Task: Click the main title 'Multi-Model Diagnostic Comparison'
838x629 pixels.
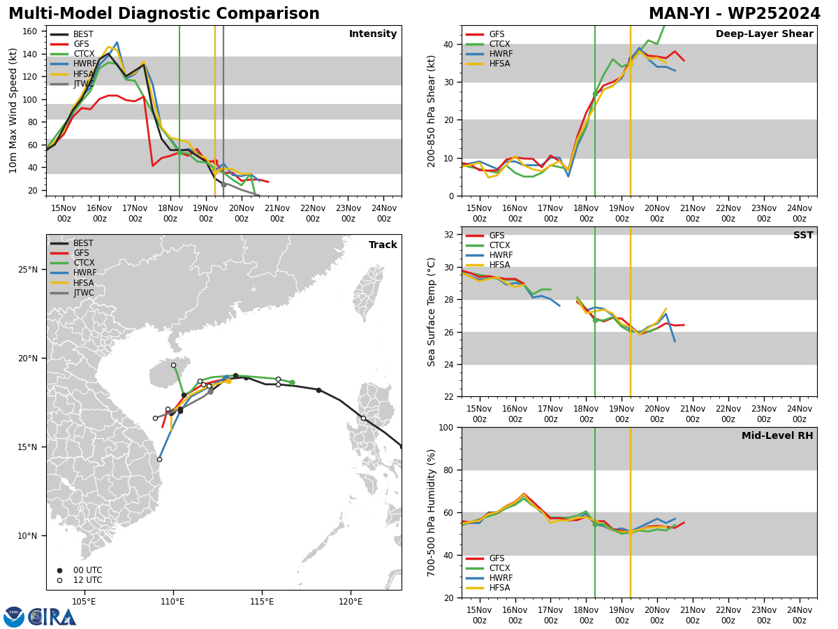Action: [164, 14]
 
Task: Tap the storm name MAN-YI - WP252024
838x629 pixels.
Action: [734, 14]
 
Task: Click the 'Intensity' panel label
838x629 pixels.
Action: [373, 34]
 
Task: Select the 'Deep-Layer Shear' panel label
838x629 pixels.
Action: [764, 34]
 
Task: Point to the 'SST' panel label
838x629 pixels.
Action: [803, 235]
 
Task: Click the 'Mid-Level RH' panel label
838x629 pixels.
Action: [777, 435]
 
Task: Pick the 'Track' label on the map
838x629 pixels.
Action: [383, 245]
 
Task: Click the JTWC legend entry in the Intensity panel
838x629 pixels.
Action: [72, 84]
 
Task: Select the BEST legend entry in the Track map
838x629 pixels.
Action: [72, 243]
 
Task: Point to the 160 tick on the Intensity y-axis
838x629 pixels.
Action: [30, 31]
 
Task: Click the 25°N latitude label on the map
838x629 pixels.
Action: [28, 270]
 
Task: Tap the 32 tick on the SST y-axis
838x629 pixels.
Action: [449, 235]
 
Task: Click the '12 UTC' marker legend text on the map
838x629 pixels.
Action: [88, 580]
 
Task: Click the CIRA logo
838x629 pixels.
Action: [40, 617]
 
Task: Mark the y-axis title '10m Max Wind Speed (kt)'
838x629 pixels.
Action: [13, 110]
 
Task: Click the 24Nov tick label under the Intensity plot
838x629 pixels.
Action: [384, 213]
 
